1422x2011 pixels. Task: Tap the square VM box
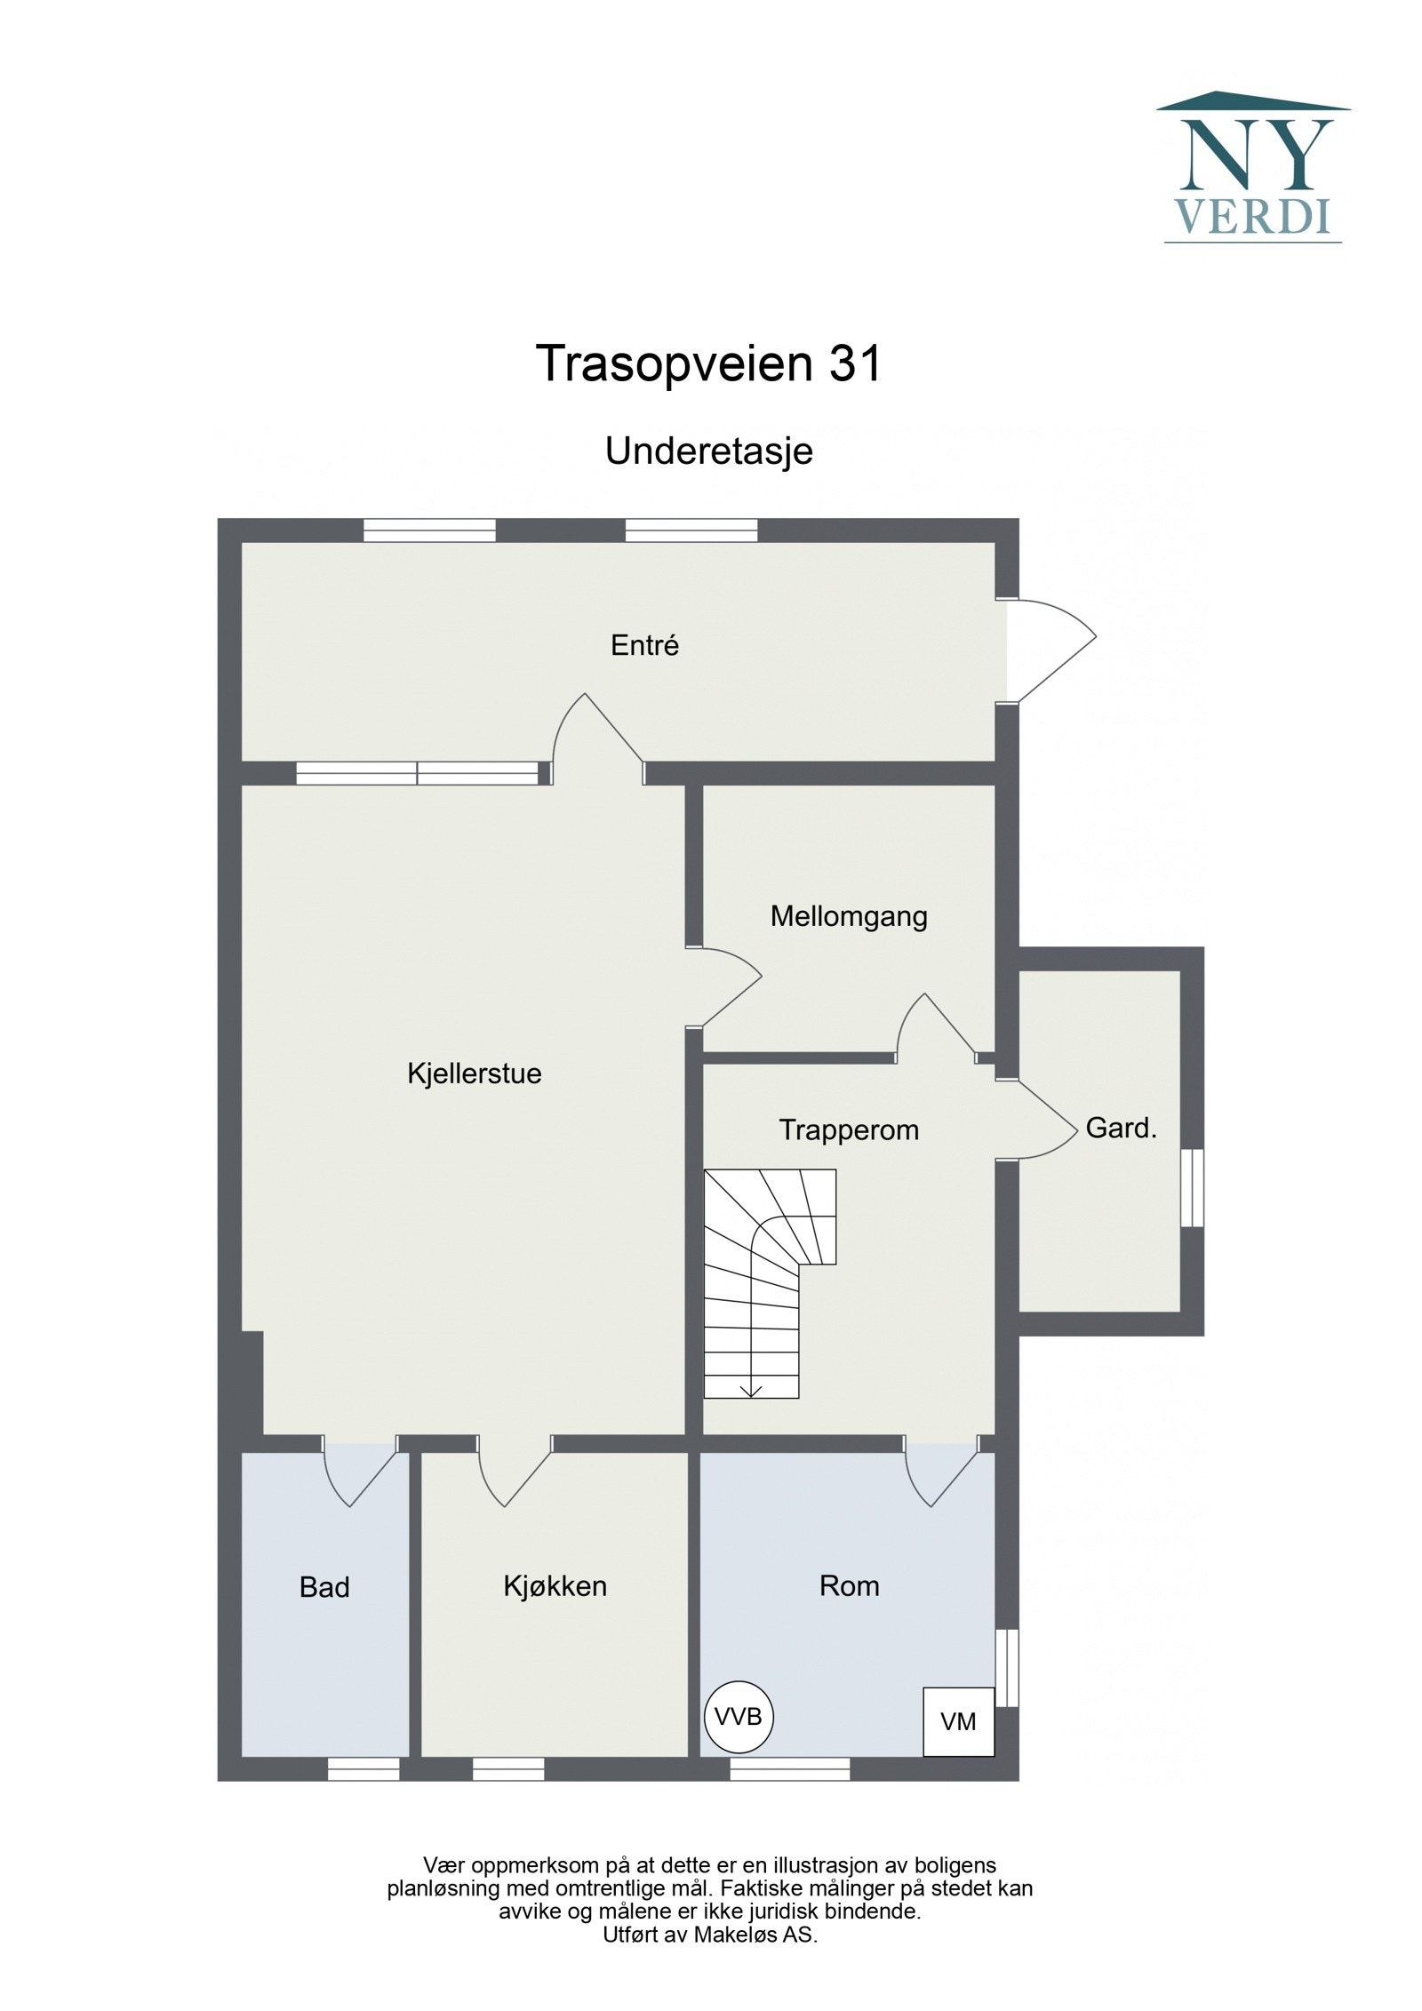pos(958,1721)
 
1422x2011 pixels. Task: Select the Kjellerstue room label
pos(474,1073)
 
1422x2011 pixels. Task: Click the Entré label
pos(644,645)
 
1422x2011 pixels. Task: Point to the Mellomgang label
pos(848,916)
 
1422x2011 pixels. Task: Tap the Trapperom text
pos(848,1130)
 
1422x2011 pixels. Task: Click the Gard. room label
pos(1121,1129)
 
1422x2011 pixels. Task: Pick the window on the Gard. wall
pos(1191,1188)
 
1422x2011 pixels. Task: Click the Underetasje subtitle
pos(708,451)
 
